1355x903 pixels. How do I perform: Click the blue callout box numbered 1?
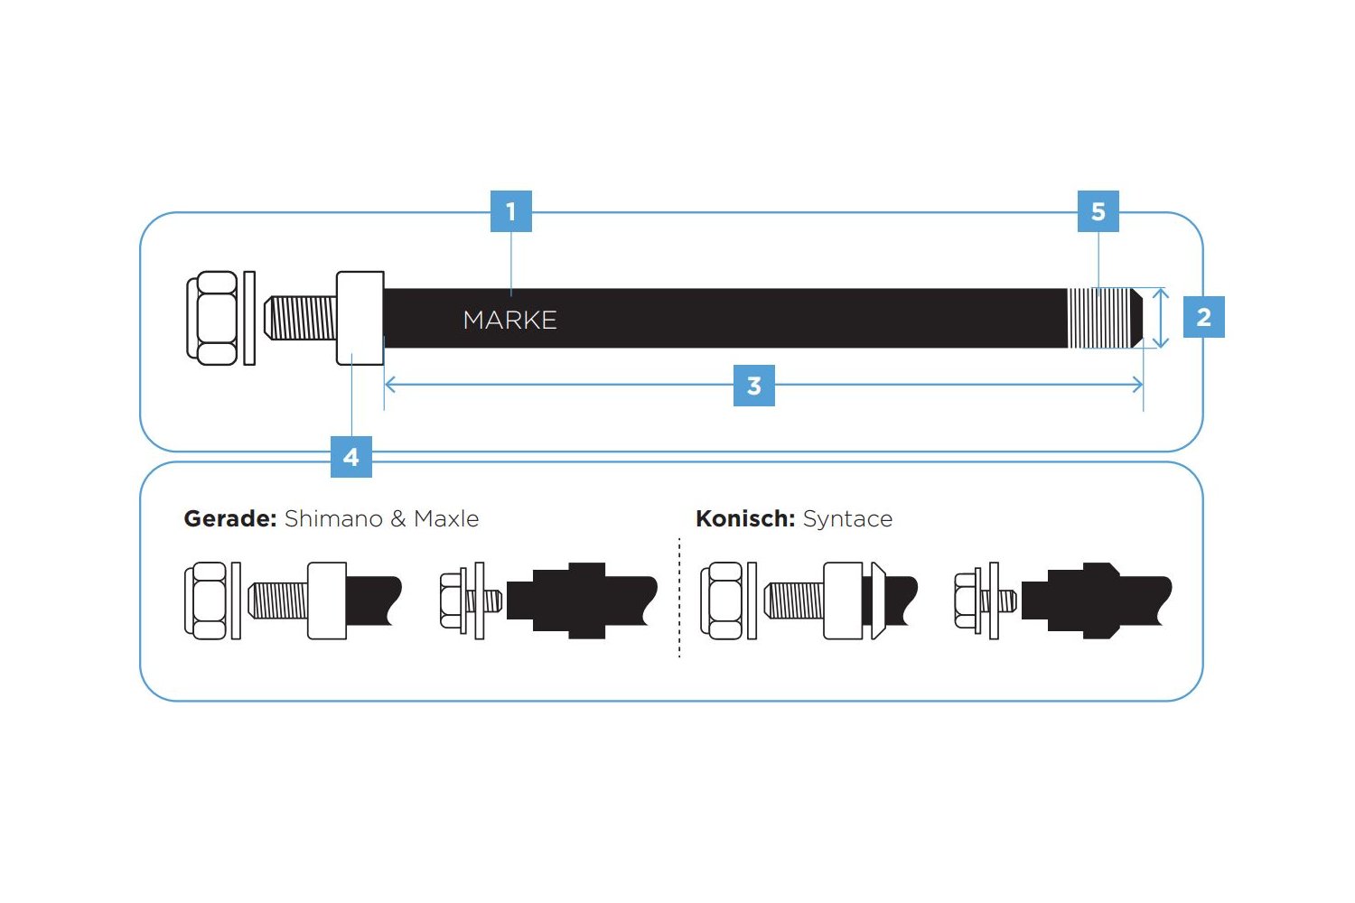click(510, 211)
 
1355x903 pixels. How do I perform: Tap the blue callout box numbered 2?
click(1203, 317)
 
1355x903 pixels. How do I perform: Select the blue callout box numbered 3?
click(754, 386)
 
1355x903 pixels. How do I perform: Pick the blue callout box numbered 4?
click(351, 457)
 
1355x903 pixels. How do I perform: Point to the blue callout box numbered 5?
click(1098, 211)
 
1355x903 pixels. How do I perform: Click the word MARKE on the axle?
click(509, 320)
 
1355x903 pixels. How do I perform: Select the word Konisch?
click(744, 519)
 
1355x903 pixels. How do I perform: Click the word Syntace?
click(847, 519)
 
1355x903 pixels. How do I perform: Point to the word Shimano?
click(333, 519)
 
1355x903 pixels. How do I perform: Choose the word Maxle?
click(446, 519)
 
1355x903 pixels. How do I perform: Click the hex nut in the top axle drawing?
click(213, 318)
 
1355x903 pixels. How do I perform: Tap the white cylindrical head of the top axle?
click(360, 318)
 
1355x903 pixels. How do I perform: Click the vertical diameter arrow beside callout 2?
click(1161, 318)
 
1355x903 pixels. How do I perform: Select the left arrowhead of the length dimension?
click(390, 386)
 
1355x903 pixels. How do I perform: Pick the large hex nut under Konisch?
click(723, 600)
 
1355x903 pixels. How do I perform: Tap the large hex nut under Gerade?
click(206, 600)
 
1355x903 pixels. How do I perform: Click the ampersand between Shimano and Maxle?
click(398, 519)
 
